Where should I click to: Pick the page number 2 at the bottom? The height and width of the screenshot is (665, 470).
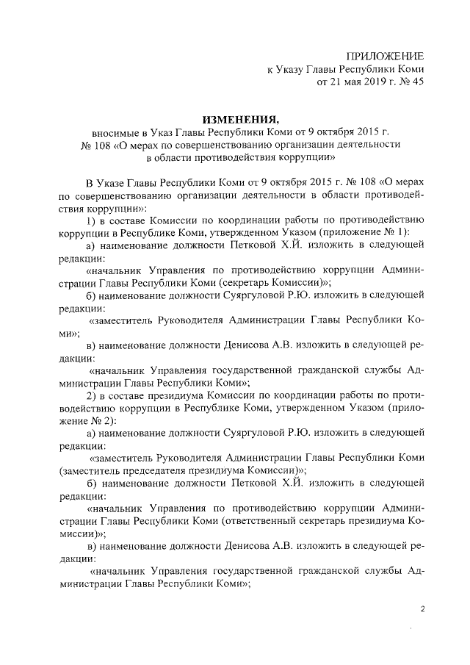tap(422, 609)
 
